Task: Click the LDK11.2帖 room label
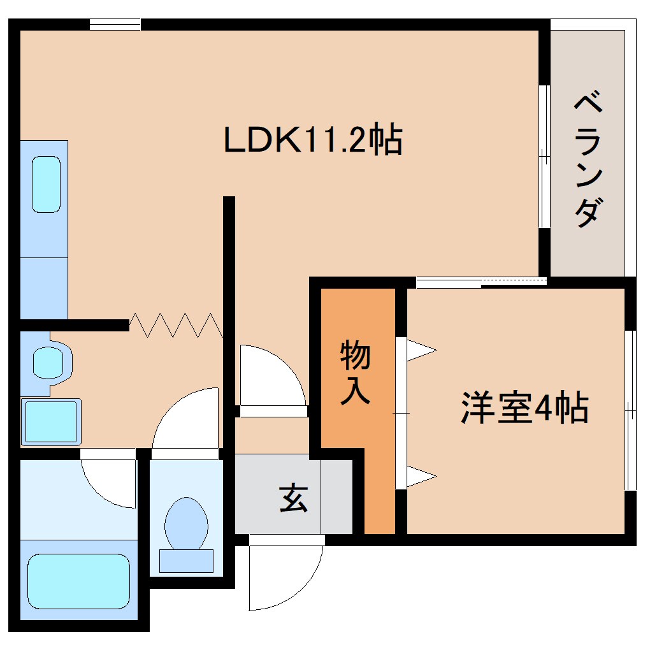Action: [312, 141]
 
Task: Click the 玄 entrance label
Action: [294, 498]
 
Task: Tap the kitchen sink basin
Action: [46, 185]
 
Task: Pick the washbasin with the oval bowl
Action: [48, 361]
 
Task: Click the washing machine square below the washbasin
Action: [51, 422]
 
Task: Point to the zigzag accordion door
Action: [176, 325]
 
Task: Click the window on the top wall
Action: [115, 25]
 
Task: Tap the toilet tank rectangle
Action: [186, 561]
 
